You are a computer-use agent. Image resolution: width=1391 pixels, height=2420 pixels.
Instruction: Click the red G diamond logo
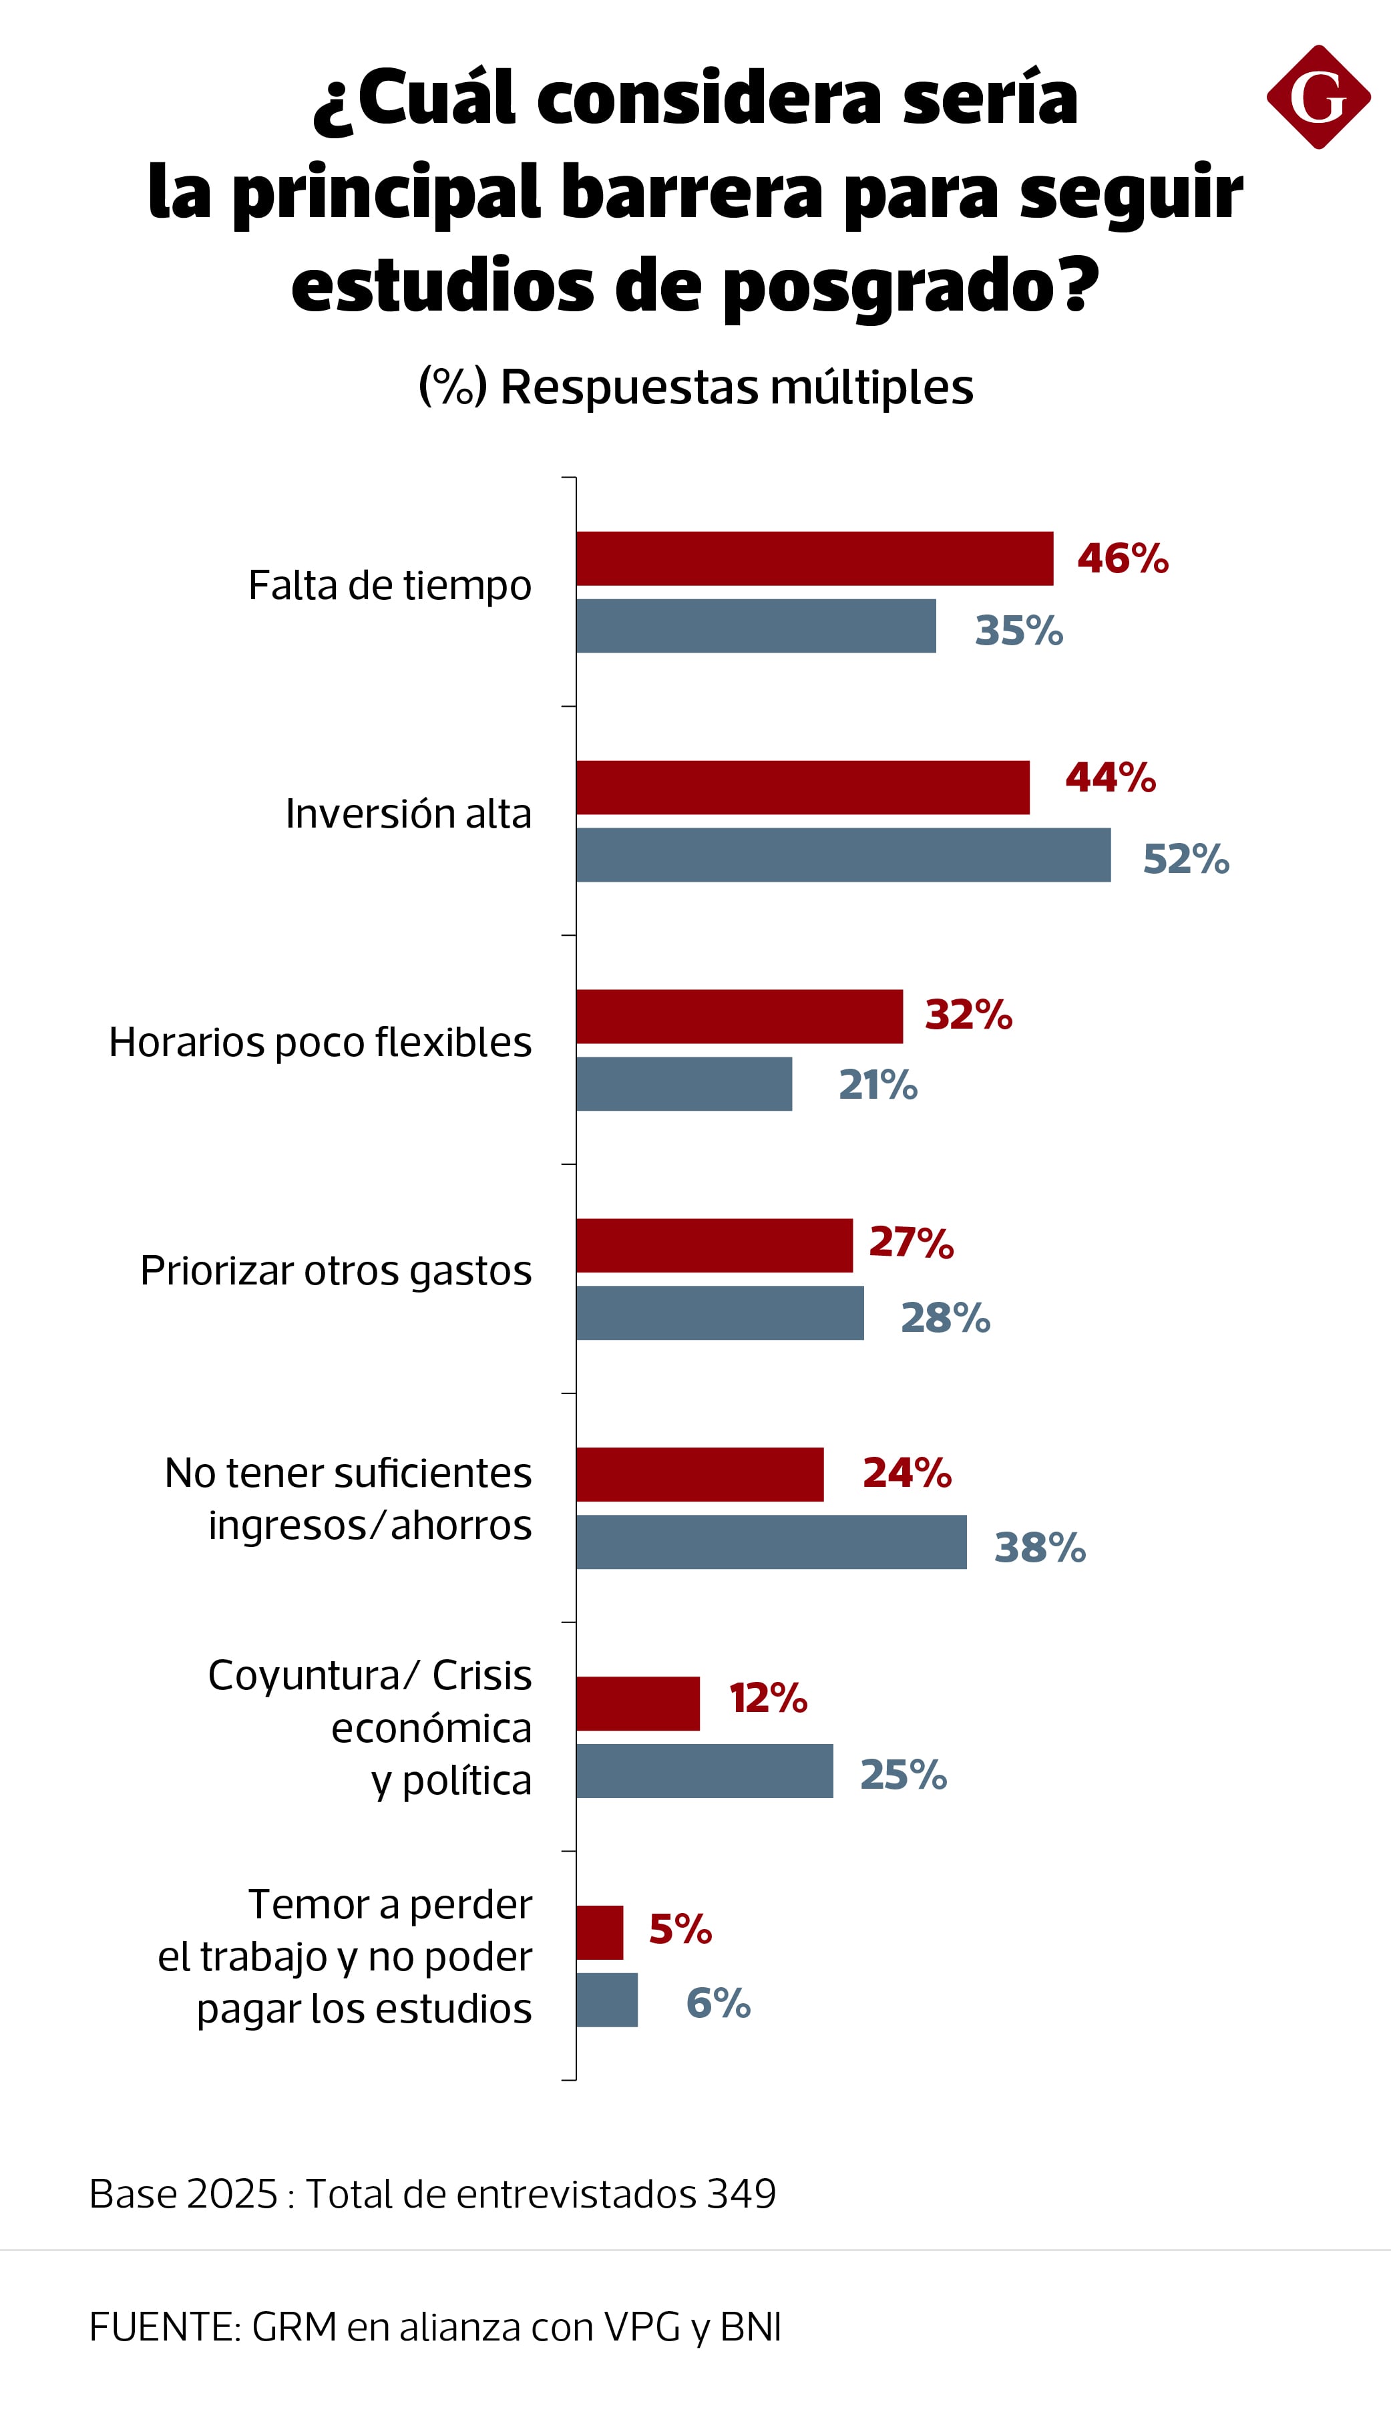click(x=1318, y=96)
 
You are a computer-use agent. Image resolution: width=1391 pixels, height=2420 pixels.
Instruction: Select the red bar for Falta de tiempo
click(x=814, y=559)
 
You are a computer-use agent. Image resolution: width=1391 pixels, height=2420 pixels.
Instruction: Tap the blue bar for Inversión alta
click(x=843, y=855)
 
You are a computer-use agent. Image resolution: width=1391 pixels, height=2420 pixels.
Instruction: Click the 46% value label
click(x=1123, y=559)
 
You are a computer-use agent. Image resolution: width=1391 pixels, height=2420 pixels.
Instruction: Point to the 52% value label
click(x=1185, y=859)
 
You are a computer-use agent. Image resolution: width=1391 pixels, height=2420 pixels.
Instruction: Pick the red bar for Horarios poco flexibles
click(x=739, y=1017)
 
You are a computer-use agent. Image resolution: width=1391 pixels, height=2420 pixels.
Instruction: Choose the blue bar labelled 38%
click(x=771, y=1542)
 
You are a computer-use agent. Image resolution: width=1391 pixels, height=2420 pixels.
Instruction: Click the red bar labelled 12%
click(x=637, y=1703)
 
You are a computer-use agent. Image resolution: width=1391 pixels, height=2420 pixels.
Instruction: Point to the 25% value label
click(x=903, y=1775)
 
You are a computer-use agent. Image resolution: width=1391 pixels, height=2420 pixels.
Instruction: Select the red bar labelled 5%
click(x=599, y=1933)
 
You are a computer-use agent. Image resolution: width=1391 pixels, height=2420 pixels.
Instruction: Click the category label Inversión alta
click(x=408, y=814)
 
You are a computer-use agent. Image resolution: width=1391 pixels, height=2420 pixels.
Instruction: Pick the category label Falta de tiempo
click(x=390, y=586)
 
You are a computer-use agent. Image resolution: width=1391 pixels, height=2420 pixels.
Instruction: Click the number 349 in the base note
click(x=741, y=2194)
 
